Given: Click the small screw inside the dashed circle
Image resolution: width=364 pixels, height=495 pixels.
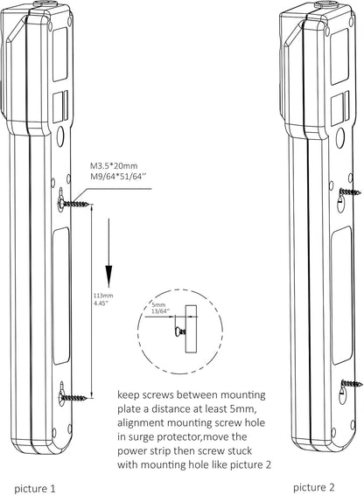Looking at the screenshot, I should pos(180,329).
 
